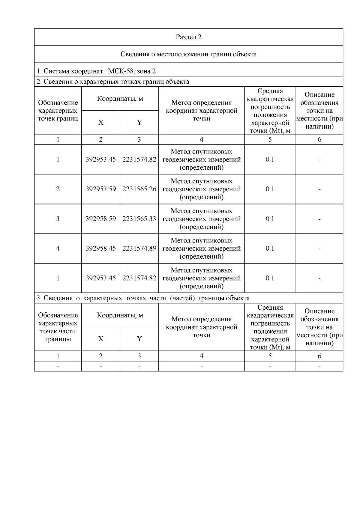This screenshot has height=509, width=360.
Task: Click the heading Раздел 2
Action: tap(188, 37)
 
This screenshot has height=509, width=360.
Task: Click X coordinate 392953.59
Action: tap(100, 189)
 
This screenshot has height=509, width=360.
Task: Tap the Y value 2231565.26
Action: tap(139, 189)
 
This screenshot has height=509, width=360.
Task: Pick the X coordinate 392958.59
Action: tap(100, 219)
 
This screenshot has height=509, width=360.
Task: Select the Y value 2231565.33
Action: tap(139, 219)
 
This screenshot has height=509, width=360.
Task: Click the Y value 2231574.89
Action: tap(139, 249)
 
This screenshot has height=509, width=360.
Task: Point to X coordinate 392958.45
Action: tap(100, 249)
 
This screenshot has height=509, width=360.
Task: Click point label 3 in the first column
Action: tap(58, 219)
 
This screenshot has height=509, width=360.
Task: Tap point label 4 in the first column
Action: tap(58, 249)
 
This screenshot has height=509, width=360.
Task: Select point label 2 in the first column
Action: tap(58, 189)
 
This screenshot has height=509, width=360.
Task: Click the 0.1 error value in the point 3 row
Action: tap(270, 219)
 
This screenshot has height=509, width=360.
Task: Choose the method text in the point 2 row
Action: tap(201, 189)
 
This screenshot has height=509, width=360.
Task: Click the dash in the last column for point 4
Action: tap(319, 249)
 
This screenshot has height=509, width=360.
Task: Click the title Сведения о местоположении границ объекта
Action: tap(188, 54)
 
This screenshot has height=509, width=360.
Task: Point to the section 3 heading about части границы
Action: tap(143, 298)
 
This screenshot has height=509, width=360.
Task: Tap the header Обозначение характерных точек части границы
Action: tap(58, 327)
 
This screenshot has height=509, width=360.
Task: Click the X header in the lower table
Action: tap(100, 339)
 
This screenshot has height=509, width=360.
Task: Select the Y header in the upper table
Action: tap(139, 122)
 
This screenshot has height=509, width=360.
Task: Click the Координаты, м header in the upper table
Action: tap(120, 99)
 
